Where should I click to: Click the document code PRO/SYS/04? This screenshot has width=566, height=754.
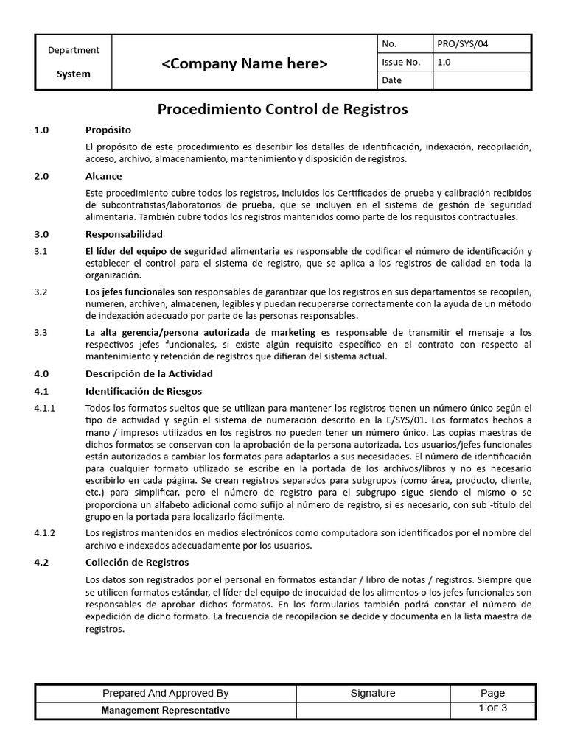(x=462, y=44)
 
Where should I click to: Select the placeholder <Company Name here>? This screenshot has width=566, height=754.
(x=245, y=64)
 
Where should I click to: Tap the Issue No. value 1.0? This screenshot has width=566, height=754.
(x=444, y=63)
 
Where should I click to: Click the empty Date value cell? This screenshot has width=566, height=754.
(x=481, y=80)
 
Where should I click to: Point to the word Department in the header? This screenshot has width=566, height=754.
(x=74, y=50)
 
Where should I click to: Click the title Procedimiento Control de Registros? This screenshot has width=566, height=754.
(x=283, y=110)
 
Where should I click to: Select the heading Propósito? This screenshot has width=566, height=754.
(x=108, y=130)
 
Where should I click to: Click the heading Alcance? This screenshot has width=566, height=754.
(x=104, y=177)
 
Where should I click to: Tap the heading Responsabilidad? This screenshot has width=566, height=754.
(x=124, y=234)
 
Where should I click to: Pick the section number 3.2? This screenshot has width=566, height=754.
(x=41, y=292)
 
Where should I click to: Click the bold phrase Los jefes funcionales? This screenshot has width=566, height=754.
(x=130, y=292)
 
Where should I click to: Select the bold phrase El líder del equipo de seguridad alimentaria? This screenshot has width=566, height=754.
(x=183, y=251)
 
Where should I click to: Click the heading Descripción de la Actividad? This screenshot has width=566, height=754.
(x=149, y=373)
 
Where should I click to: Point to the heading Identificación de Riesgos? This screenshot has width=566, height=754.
(x=144, y=391)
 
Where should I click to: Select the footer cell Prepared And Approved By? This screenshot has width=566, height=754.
(x=165, y=693)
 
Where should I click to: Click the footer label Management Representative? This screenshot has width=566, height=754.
(x=165, y=711)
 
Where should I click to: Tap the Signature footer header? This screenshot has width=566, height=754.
(x=373, y=693)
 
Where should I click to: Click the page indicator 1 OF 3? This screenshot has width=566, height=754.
(x=492, y=708)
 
